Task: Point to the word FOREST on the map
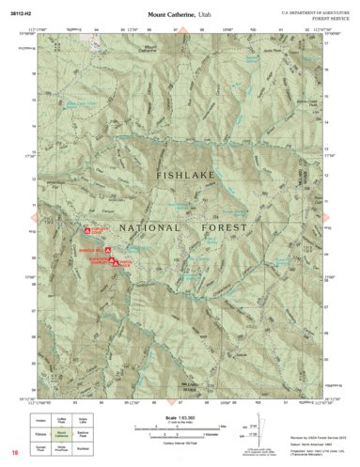(222, 227)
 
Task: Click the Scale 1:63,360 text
(179, 418)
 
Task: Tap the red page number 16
(15, 454)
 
